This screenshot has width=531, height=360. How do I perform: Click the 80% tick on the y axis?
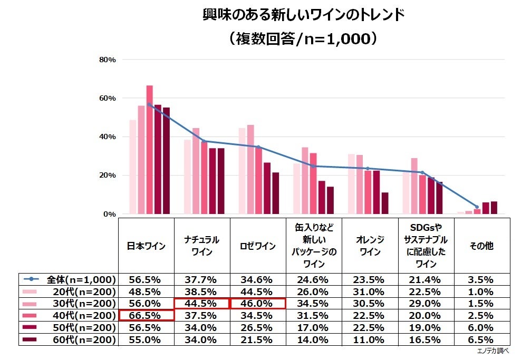(x=108, y=60)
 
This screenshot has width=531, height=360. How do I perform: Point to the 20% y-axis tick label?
(x=108, y=176)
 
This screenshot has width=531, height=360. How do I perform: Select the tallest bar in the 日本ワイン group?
(x=149, y=150)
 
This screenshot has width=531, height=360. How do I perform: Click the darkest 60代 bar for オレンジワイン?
(x=384, y=203)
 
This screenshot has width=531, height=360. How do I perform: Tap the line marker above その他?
(x=477, y=207)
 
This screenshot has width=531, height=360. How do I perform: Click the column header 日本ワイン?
(x=146, y=246)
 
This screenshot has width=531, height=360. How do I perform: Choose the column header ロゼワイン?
(x=257, y=246)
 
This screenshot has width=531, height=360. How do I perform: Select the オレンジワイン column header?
(x=370, y=246)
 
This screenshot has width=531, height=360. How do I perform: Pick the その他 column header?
(x=481, y=246)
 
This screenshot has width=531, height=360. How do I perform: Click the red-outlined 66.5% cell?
(x=146, y=315)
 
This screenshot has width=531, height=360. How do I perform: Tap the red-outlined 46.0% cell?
(x=258, y=303)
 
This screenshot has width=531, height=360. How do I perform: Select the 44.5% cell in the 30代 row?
(x=202, y=303)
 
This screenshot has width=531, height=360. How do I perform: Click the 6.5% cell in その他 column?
(x=481, y=339)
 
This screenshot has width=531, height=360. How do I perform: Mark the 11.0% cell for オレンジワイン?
(x=370, y=339)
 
